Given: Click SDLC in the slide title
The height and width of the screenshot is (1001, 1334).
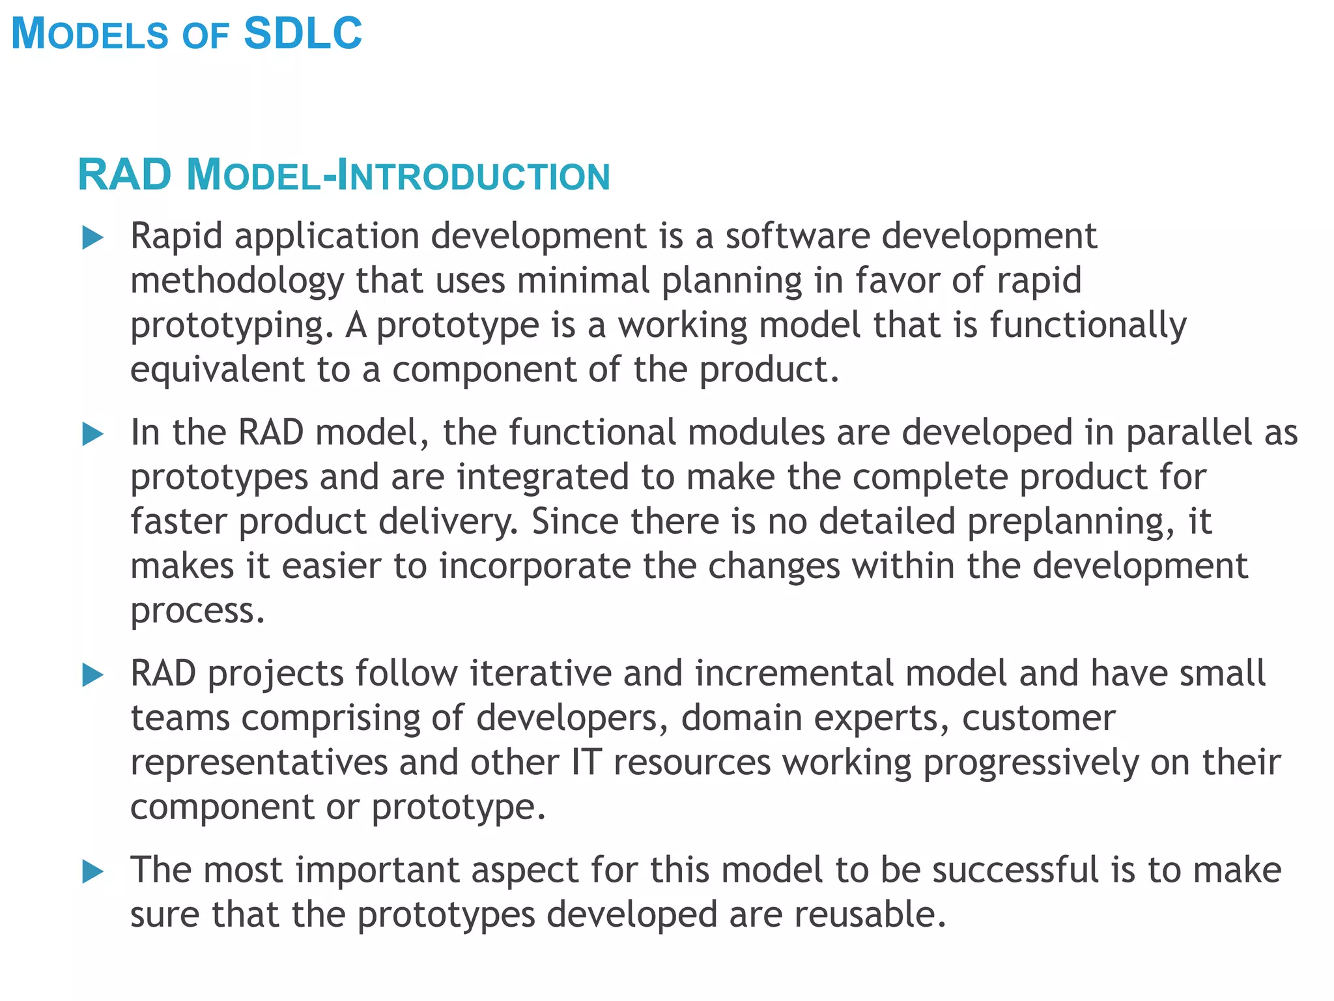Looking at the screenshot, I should point(302,33).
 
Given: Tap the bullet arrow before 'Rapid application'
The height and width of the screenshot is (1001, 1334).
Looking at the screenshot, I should point(93,238).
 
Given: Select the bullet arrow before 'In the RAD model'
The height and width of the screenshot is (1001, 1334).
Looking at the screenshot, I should point(93,435).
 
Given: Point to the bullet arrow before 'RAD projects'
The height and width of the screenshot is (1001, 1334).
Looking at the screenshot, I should point(93,675).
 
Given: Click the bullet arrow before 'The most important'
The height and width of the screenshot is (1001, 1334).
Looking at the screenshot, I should point(93,872).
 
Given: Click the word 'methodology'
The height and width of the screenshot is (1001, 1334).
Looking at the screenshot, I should point(236,282).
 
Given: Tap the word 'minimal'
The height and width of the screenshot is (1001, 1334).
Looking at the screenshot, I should point(583,280).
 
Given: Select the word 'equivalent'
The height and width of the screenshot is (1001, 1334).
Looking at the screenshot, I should point(217,370).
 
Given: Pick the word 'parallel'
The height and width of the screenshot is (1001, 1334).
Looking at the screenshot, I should point(1189,433).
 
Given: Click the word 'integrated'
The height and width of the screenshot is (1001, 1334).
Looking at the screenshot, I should point(542,478).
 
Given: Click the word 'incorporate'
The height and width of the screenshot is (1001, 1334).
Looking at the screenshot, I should point(534,566).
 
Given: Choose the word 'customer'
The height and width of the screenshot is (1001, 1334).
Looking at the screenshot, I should point(1038,718).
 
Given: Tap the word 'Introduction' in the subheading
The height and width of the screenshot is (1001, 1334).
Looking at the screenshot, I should point(475,177).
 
